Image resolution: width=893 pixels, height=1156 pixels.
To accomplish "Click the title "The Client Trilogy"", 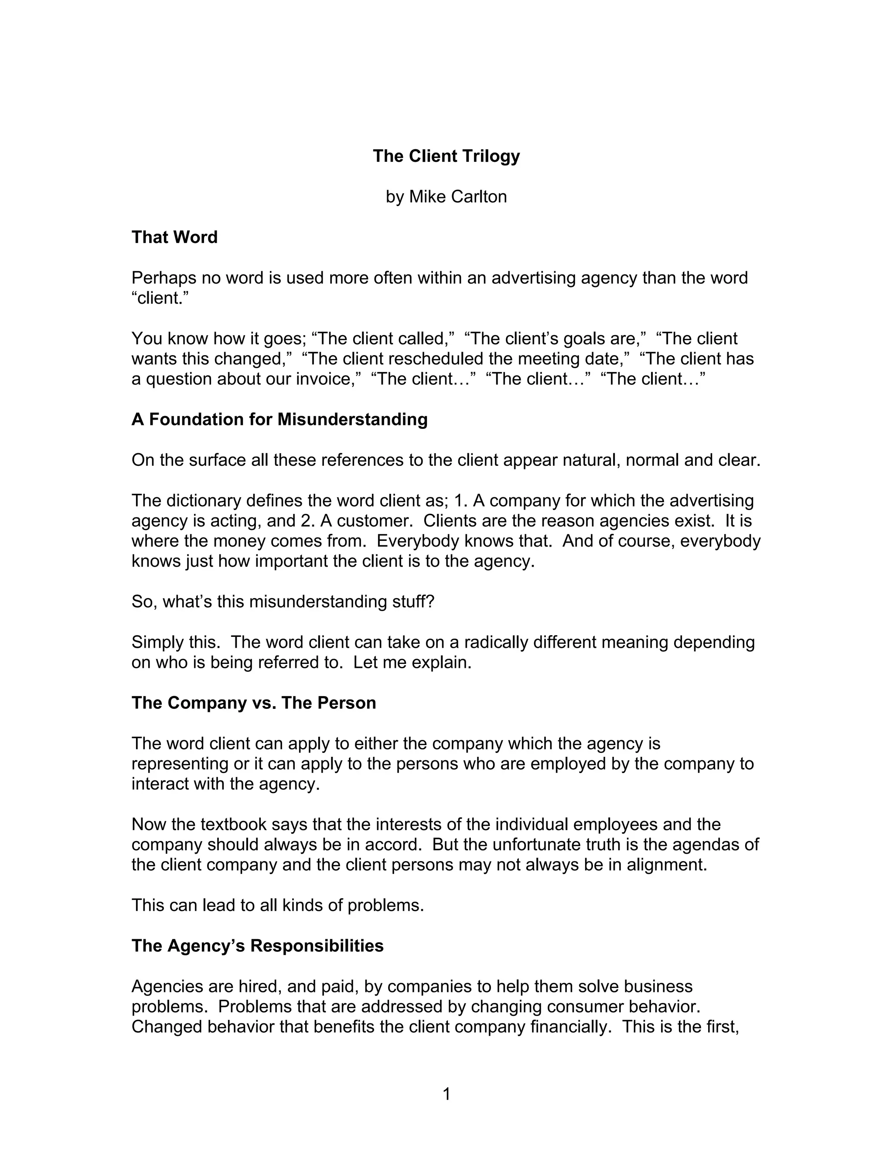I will pos(446,156).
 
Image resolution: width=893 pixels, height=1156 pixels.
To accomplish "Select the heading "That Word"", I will pos(174,237).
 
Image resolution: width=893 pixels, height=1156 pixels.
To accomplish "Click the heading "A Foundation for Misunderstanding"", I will pos(279,419).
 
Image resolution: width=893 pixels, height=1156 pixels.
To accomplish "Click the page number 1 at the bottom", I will pos(446,1094).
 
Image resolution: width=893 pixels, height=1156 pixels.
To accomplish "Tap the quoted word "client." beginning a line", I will pos(160,298).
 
